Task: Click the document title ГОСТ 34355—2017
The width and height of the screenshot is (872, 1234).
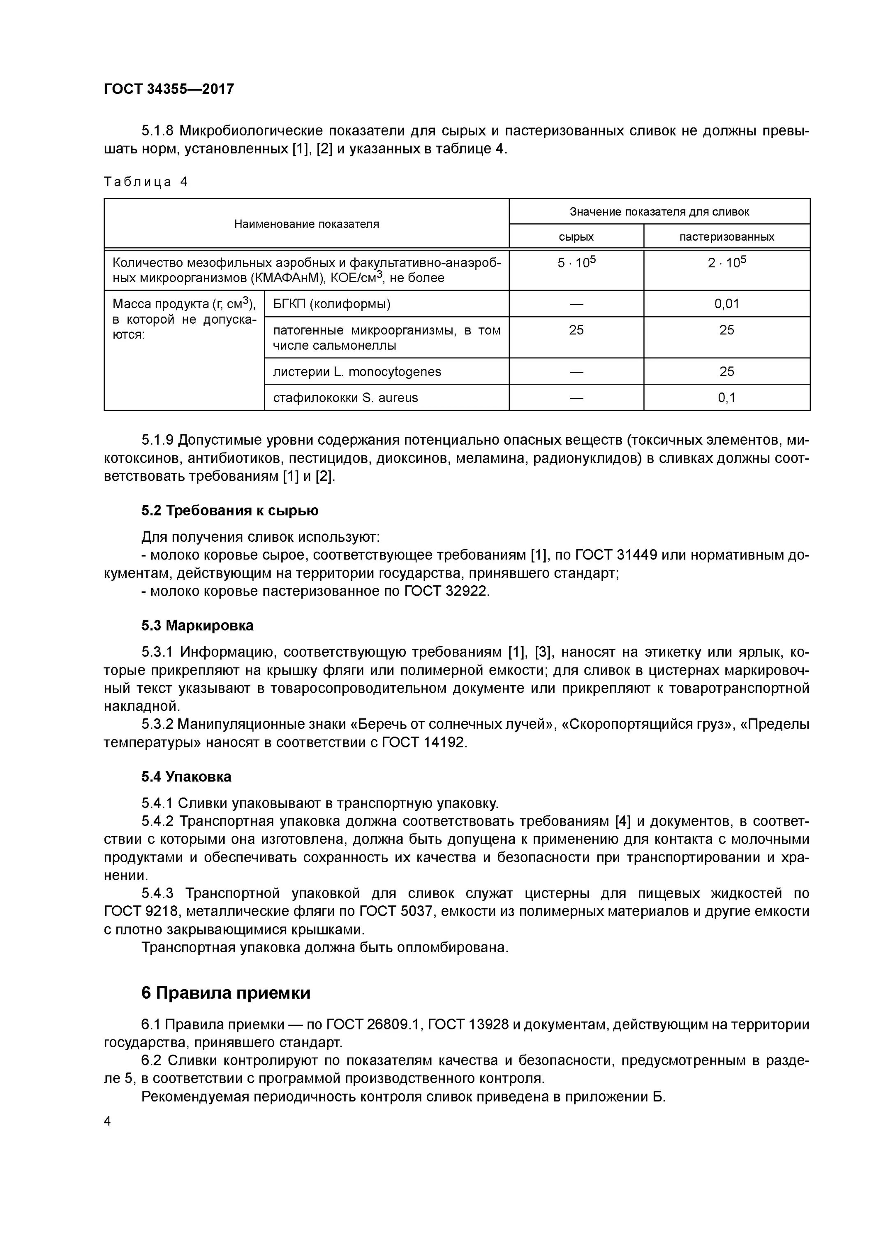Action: pos(169,89)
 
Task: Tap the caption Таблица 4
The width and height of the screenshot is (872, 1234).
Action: pos(146,182)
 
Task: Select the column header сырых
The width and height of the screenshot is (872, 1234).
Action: pos(576,237)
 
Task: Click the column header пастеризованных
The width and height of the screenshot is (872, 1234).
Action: pos(726,237)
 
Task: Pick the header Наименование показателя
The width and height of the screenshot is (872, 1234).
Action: pos(306,224)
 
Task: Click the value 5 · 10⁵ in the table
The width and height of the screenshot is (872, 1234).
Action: pos(576,263)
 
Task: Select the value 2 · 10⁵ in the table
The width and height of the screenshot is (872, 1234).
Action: pos(726,263)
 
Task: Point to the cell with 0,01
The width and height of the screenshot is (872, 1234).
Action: pos(726,304)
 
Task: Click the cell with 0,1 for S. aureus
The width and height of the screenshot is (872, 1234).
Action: pos(726,398)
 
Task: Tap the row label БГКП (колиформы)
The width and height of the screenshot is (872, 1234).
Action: pos(331,304)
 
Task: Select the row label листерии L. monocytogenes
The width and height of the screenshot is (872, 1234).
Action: pos(357,372)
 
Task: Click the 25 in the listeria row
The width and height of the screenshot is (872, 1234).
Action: pos(726,372)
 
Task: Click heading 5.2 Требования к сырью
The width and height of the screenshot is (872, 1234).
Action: pos(229,510)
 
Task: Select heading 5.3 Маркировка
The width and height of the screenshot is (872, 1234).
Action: pos(197,626)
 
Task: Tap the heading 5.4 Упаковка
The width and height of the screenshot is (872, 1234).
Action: pos(186,777)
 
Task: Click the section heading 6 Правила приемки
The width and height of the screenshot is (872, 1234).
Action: pos(226,993)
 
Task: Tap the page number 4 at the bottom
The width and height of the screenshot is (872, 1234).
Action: pos(107,1121)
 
